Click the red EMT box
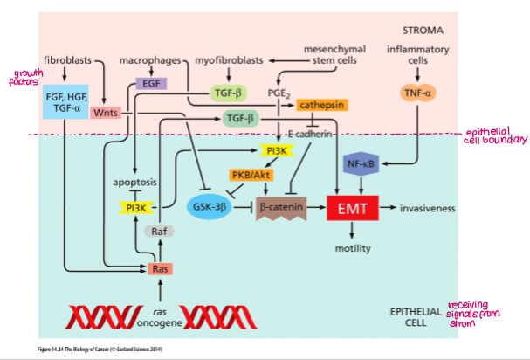(x=351, y=210)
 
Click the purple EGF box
(x=151, y=85)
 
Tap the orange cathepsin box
(x=317, y=105)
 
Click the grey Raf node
(x=159, y=232)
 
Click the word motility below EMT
(x=353, y=248)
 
